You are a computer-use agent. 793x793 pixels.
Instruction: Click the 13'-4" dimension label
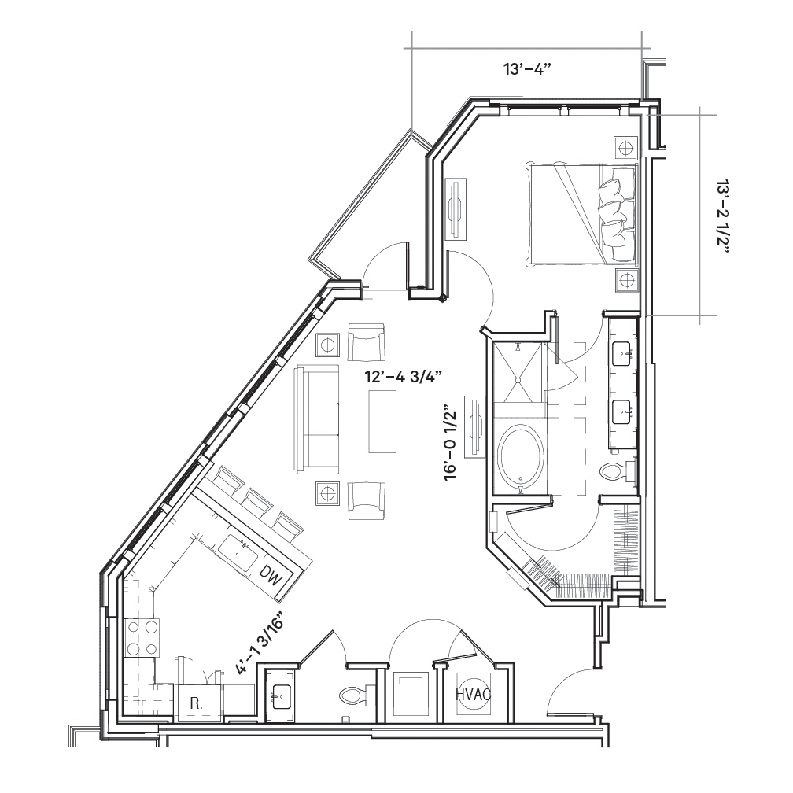click(x=526, y=69)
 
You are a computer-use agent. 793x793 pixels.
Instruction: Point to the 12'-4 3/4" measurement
click(x=404, y=377)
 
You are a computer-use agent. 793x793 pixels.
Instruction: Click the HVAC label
click(x=474, y=695)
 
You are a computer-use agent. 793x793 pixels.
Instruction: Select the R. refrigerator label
click(x=196, y=703)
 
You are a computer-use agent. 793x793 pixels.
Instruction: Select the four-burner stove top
click(x=142, y=637)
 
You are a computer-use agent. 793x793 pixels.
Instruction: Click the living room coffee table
click(x=383, y=422)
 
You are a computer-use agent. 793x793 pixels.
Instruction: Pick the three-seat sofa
click(x=316, y=419)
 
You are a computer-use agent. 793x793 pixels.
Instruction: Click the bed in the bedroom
click(x=581, y=213)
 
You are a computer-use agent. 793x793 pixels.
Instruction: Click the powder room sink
click(x=281, y=697)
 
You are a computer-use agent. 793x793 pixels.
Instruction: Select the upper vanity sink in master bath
click(x=622, y=353)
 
